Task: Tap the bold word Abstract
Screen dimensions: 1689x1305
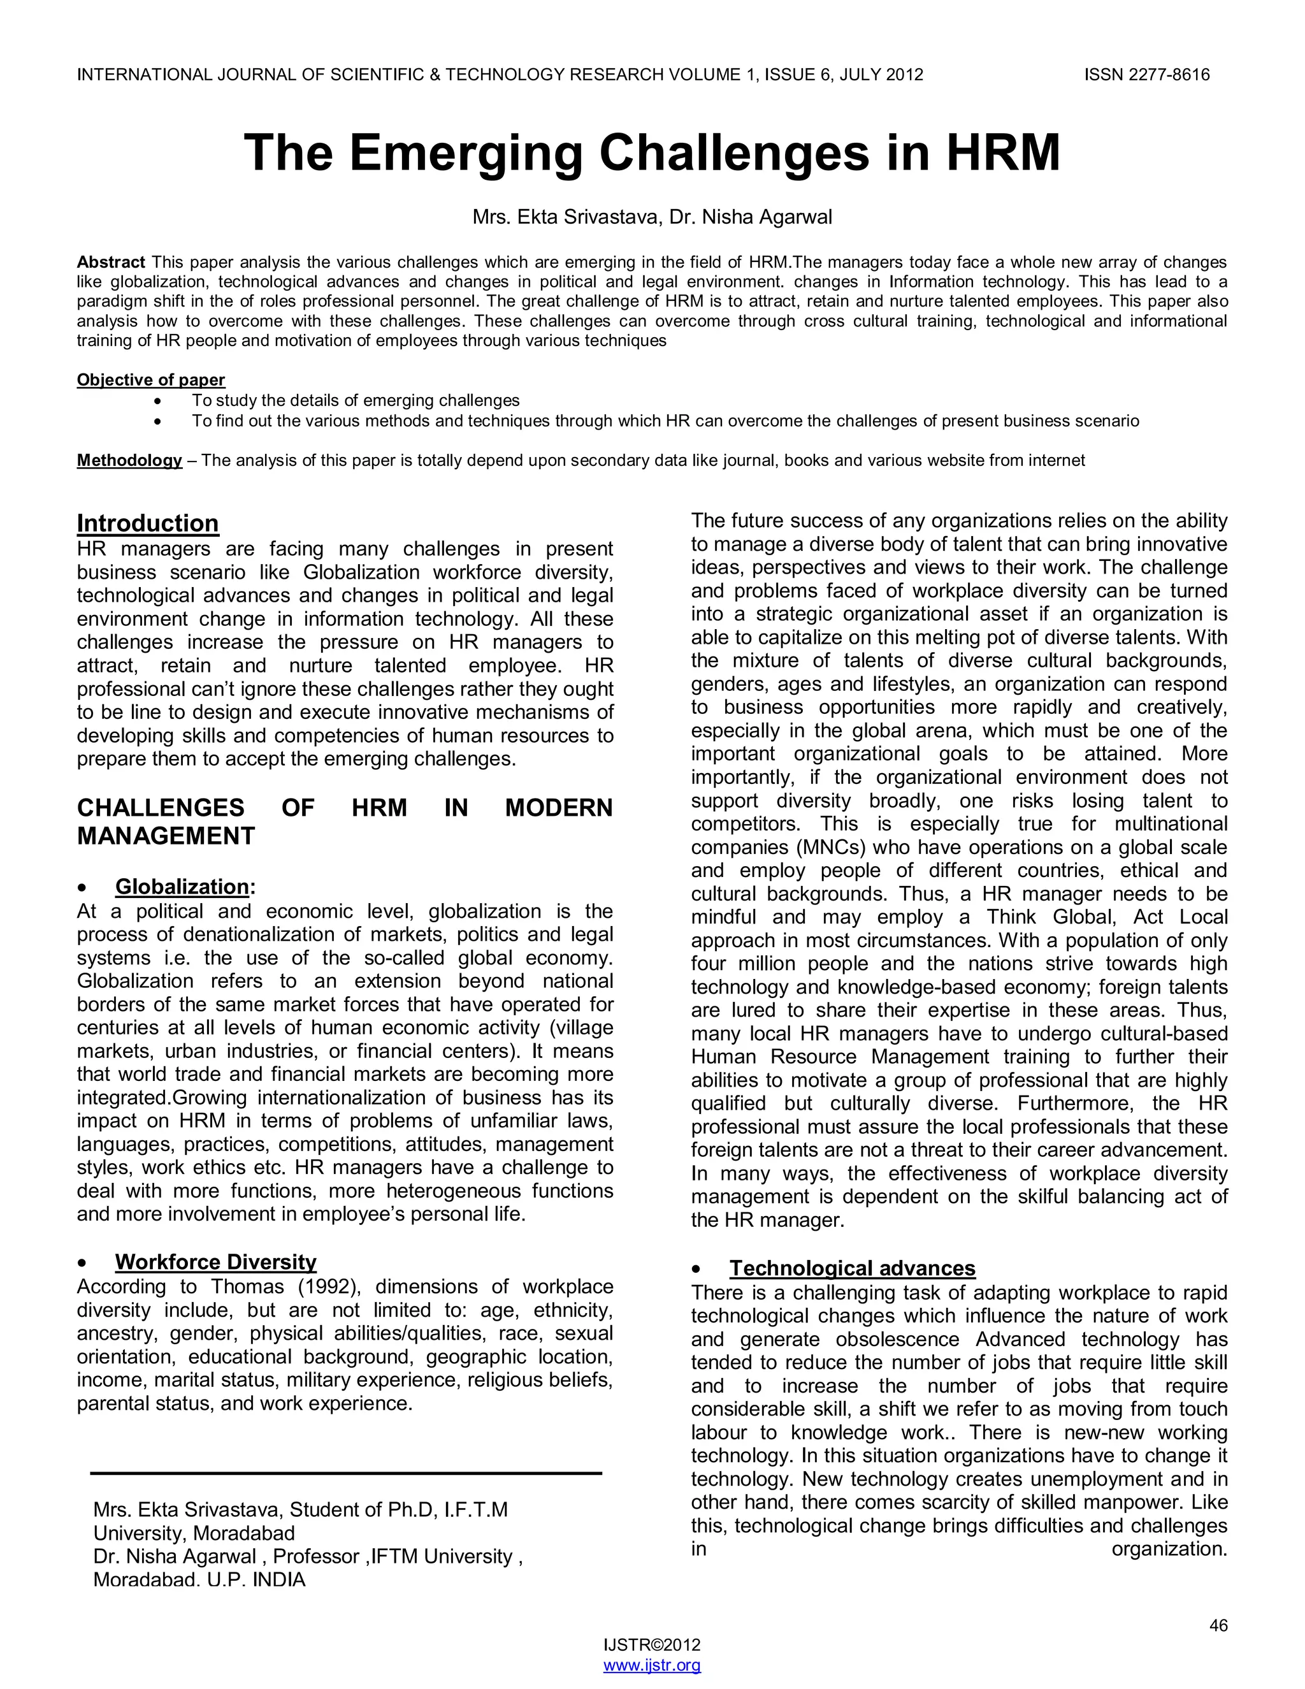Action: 110,262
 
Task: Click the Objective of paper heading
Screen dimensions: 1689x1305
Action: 151,380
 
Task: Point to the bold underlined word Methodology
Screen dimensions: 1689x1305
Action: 129,461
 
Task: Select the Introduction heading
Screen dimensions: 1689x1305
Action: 148,523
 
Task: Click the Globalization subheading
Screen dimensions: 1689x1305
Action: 182,887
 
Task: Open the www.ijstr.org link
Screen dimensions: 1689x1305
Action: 652,1665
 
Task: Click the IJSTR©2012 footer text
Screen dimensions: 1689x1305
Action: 652,1645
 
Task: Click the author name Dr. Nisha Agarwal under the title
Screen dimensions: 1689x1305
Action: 750,217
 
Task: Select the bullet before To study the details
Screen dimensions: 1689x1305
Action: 159,402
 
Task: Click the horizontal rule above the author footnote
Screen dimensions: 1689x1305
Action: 345,1473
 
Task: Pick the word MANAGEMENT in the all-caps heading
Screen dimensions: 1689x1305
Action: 166,836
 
